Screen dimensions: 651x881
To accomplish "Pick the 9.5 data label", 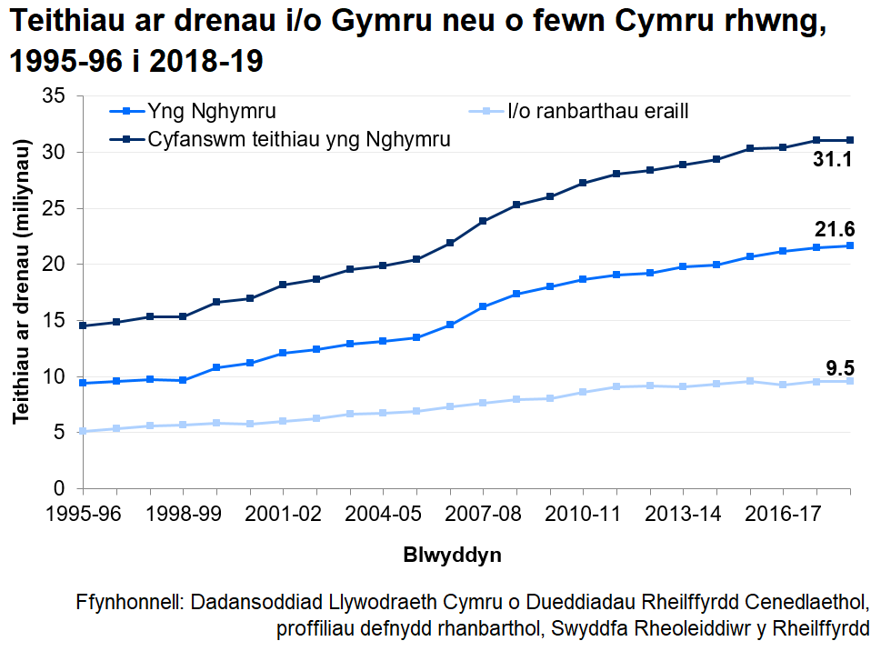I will [x=839, y=368].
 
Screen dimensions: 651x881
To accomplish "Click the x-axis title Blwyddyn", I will [x=452, y=554].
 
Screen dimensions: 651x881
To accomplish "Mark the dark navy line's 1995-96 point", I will [x=83, y=325].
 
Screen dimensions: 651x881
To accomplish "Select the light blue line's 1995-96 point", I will [x=83, y=431].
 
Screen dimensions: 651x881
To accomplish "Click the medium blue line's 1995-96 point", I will [x=83, y=383].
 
